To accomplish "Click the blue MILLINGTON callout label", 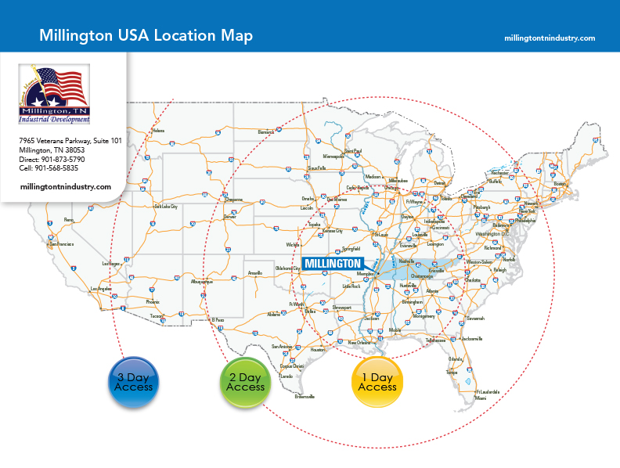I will coord(332,263).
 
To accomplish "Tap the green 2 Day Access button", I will coord(245,382).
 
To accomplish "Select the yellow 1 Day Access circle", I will coord(377,382).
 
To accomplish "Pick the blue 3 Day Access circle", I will coord(133,382).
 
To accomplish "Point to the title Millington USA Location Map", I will coord(146,37).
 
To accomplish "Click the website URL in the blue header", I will coord(550,38).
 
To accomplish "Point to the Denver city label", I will coord(229,216).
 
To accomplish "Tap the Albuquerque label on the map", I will coord(202,282).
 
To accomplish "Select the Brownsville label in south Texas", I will coord(305,397).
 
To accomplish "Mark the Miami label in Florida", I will coord(480,398).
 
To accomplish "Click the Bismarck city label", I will coord(266,132).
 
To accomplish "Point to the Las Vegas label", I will coord(110,264).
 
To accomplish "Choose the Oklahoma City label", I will coord(287,268).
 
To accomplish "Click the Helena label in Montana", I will coord(159,131).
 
